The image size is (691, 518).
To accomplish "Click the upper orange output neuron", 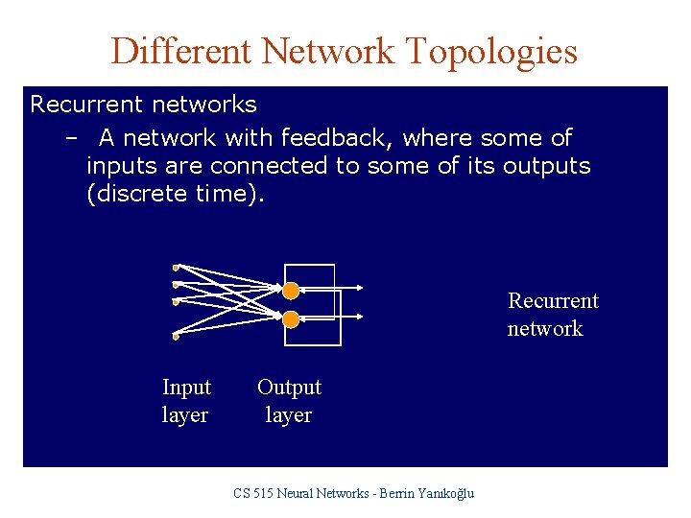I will click(x=291, y=289).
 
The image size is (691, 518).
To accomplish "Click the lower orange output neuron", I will click(x=291, y=318).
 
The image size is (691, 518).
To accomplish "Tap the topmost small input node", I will click(x=177, y=266).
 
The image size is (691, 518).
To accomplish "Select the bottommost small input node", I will click(x=177, y=337).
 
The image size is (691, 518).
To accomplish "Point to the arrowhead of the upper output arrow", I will click(x=361, y=287).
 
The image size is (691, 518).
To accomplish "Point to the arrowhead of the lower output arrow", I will click(x=361, y=316).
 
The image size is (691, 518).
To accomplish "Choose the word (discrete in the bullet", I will click(x=137, y=193).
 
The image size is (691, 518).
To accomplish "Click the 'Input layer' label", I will click(x=186, y=401).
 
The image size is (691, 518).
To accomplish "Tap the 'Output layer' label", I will click(x=289, y=401).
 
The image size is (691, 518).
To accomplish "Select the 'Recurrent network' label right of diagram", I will click(x=552, y=315).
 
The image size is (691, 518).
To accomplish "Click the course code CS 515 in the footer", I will click(x=255, y=493).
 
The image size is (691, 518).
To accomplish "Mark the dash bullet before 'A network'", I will click(x=71, y=138).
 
